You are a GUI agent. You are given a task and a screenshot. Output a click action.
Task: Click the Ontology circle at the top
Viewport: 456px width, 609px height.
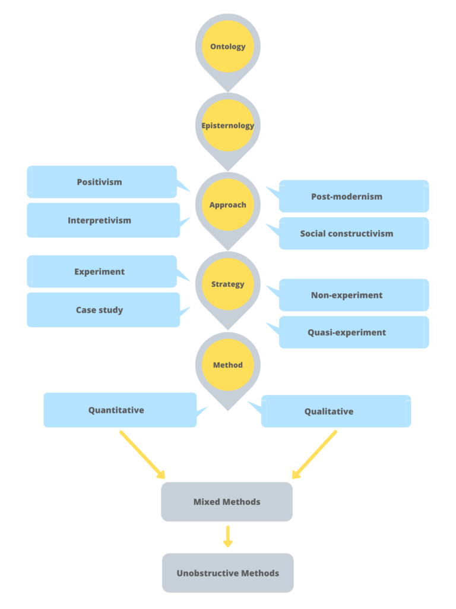tap(228, 46)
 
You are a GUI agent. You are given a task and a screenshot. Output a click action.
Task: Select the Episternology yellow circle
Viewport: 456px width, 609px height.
tap(228, 125)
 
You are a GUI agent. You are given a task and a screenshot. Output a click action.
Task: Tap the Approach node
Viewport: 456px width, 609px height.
tap(228, 205)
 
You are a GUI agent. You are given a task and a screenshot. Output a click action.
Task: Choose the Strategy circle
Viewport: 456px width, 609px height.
tap(228, 284)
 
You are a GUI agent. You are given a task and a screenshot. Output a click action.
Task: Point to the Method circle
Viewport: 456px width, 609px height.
tap(228, 365)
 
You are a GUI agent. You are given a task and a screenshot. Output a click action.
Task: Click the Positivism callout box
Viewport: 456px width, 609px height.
tap(102, 182)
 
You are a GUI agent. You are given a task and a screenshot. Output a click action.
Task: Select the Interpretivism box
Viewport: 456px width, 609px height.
tap(103, 220)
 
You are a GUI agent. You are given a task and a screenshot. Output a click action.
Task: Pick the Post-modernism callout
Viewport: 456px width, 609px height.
tap(354, 196)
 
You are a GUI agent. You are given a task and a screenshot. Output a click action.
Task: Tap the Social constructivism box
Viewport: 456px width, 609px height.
tap(354, 233)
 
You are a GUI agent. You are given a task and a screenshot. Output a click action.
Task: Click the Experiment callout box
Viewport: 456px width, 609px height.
tap(102, 272)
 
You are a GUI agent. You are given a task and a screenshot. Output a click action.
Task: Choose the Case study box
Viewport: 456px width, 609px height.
tap(103, 310)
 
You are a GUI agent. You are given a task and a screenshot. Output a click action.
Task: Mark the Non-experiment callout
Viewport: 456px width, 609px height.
tap(354, 295)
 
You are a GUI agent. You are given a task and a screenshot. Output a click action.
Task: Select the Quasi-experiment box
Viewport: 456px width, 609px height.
tap(354, 332)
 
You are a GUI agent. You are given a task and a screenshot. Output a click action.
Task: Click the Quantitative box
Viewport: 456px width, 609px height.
tap(119, 410)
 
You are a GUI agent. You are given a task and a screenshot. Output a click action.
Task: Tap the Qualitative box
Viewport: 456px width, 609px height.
tap(336, 411)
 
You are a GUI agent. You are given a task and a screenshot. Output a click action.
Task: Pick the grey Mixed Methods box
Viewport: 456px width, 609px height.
tap(227, 501)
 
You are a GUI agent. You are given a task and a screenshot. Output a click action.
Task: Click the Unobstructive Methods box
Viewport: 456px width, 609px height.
tap(227, 573)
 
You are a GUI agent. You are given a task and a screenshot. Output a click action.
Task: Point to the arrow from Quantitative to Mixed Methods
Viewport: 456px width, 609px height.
tap(142, 454)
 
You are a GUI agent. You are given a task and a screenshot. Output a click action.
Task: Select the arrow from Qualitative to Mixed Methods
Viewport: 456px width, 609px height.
tap(314, 454)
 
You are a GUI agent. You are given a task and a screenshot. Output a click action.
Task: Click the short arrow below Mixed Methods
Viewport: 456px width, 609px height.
tap(227, 536)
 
